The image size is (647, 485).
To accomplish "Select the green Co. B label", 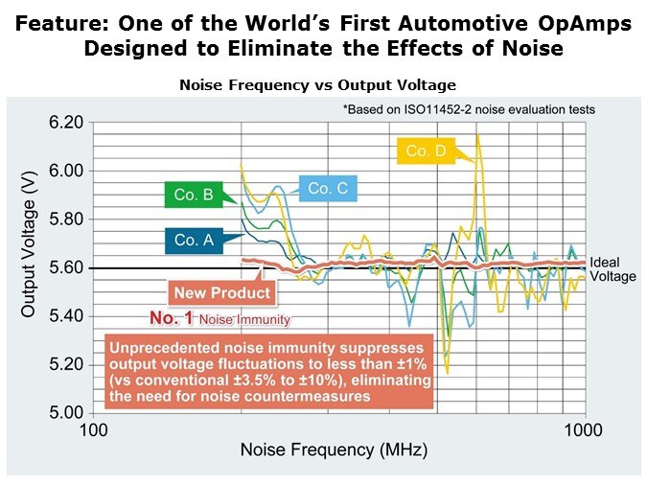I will coord(194,196).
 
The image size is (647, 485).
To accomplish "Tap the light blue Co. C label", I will coord(328,189).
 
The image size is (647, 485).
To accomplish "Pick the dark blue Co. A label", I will coord(194,241).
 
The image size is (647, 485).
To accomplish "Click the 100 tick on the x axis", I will coord(93,429).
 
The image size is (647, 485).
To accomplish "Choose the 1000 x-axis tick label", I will coord(584,429).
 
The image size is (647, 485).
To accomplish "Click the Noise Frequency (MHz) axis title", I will coord(327,450).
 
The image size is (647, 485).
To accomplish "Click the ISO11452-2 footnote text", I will coord(468,109).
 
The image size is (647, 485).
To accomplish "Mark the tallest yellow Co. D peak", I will coord(477,138).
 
